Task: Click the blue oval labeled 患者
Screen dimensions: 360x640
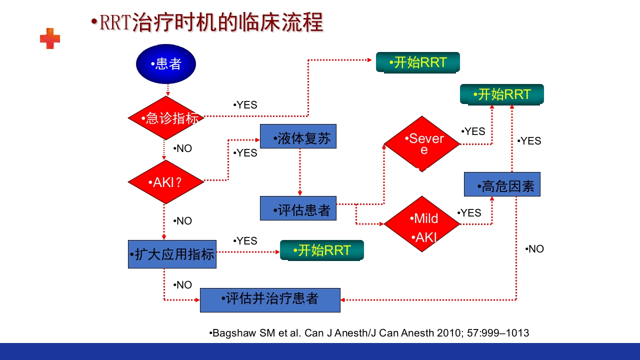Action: (166, 64)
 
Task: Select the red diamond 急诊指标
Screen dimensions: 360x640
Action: (166, 118)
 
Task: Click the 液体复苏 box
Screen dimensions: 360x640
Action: (298, 136)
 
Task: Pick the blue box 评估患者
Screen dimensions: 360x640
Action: (298, 208)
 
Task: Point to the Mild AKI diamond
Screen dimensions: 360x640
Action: (421, 224)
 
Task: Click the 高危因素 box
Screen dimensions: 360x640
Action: (502, 184)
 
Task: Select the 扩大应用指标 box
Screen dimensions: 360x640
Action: (172, 254)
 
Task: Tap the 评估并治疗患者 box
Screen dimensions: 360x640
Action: (270, 300)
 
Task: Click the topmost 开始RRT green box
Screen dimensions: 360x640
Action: (417, 62)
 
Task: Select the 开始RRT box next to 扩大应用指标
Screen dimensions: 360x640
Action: (321, 250)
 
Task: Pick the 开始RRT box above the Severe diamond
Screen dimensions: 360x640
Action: (501, 94)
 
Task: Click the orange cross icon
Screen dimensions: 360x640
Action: (50, 38)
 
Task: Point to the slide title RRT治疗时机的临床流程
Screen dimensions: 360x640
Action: (207, 22)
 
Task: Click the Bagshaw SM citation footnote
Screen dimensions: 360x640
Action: (369, 333)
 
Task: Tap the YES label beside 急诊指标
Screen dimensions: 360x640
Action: (245, 105)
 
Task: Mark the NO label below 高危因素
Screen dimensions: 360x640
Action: (535, 249)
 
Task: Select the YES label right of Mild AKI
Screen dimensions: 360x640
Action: (469, 213)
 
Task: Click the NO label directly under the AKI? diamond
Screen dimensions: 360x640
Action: (183, 221)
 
